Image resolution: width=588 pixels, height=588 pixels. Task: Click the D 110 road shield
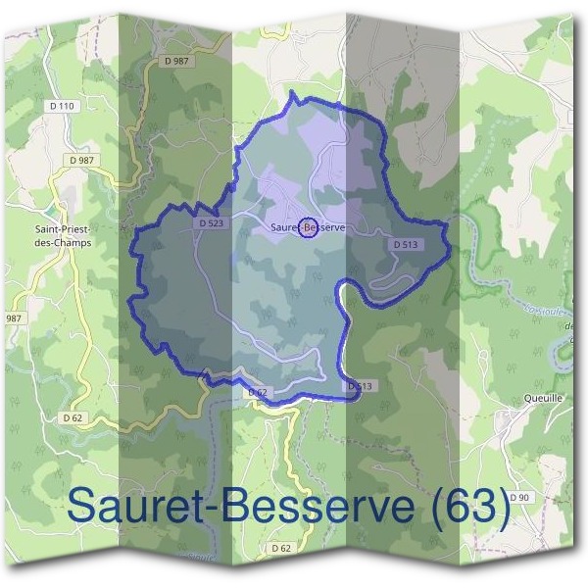[61, 106]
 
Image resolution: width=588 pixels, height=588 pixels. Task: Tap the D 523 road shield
[211, 223]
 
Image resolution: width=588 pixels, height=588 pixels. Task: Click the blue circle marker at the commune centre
[308, 227]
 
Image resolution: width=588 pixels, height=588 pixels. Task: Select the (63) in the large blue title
[465, 507]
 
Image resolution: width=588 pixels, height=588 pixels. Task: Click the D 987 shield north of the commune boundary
[176, 61]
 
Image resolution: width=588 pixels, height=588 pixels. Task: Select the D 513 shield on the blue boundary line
[360, 387]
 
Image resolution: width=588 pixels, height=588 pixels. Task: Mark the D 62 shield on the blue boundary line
[257, 392]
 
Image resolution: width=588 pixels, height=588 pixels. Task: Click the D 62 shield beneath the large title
[281, 547]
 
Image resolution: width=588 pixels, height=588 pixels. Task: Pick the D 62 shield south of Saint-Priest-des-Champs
[73, 417]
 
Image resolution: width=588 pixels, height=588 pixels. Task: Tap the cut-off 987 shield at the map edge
[14, 318]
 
